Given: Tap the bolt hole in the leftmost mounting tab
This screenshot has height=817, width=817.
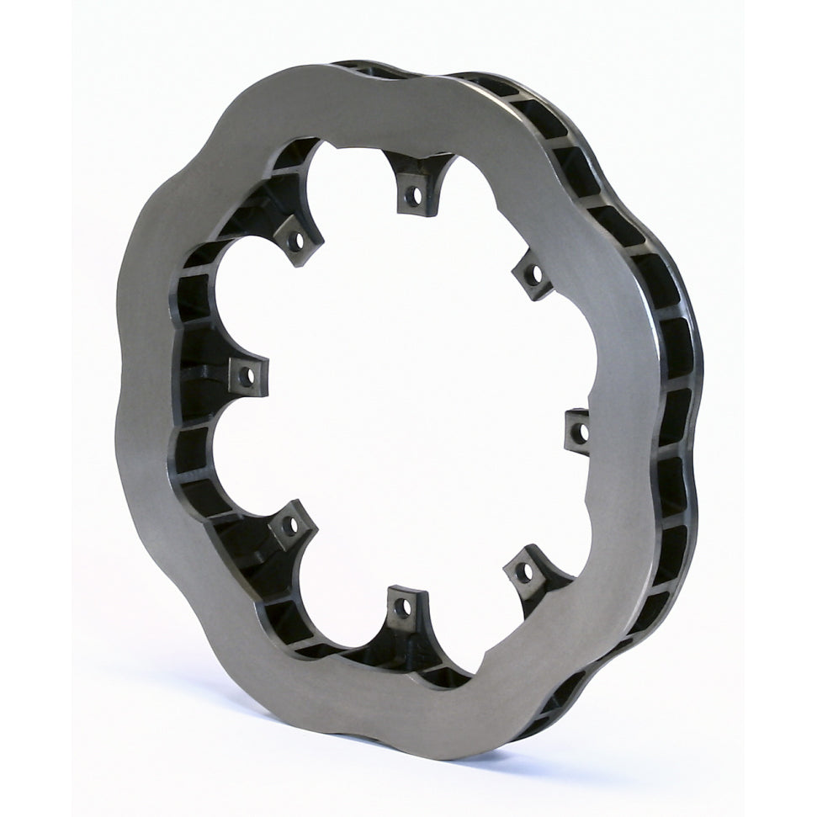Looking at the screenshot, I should (x=247, y=376).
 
